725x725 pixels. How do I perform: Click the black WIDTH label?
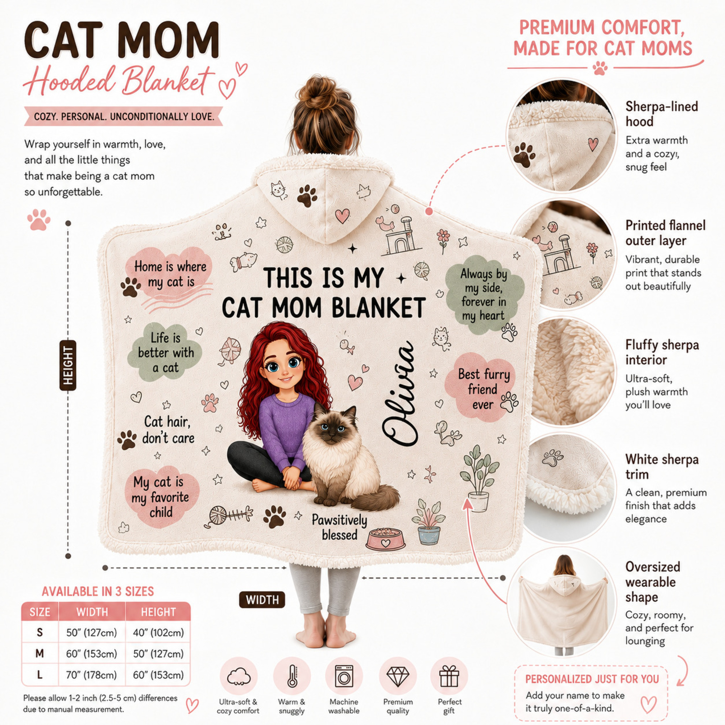tap(262, 600)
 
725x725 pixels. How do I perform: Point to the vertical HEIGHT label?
tap(68, 365)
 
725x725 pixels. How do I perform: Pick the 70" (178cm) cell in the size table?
tap(91, 675)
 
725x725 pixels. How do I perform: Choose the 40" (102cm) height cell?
tap(158, 633)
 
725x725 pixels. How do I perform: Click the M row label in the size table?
tap(40, 654)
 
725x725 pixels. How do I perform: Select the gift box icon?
tap(449, 676)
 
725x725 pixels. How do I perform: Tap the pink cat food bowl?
tap(386, 539)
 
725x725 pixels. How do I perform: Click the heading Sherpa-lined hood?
tap(662, 114)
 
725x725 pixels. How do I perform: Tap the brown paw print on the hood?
tap(307, 195)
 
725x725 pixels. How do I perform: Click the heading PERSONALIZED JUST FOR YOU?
tap(592, 679)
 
